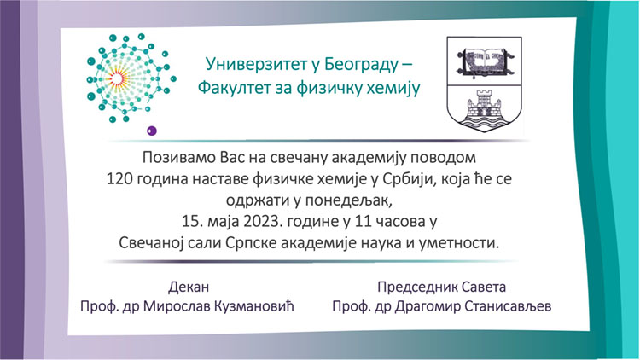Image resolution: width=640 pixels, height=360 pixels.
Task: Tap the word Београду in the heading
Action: [361, 65]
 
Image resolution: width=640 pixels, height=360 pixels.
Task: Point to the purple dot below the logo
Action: [152, 131]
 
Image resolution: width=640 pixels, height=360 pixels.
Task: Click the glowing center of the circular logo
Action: [117, 78]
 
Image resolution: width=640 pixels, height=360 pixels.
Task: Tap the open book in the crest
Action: [484, 61]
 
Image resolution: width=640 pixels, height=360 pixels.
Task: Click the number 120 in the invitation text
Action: [119, 179]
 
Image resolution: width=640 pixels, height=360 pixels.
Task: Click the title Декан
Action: [189, 287]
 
